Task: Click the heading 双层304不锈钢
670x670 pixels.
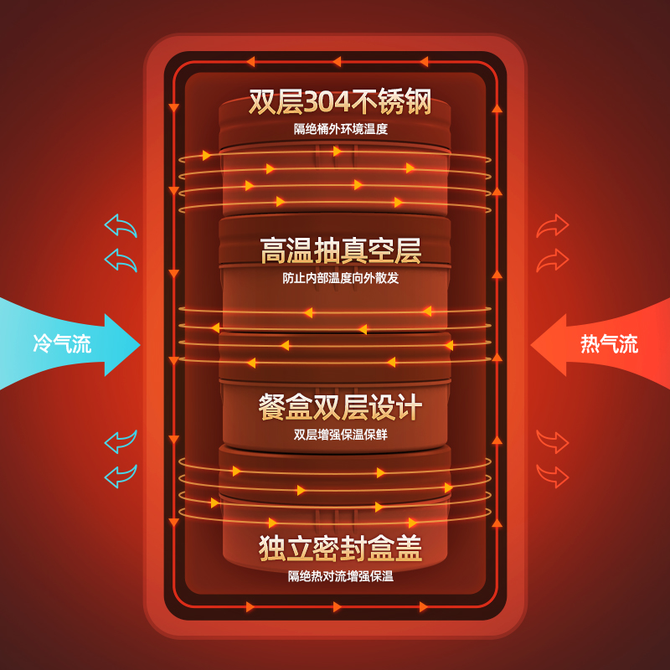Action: pyautogui.click(x=340, y=102)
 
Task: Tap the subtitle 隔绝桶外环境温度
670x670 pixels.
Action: pyautogui.click(x=340, y=129)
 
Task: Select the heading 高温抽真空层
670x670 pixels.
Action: pyautogui.click(x=340, y=250)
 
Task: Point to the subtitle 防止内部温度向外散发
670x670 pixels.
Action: pyautogui.click(x=340, y=278)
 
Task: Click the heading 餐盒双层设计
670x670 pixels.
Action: pyautogui.click(x=340, y=407)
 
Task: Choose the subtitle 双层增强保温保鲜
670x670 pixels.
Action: pyautogui.click(x=340, y=435)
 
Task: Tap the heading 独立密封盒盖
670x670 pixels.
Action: pyautogui.click(x=340, y=548)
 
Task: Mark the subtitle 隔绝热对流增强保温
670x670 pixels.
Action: pyautogui.click(x=340, y=575)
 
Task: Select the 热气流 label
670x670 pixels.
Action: pyautogui.click(x=609, y=343)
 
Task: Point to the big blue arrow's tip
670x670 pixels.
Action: pyautogui.click(x=137, y=344)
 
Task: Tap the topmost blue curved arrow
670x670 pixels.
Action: pyautogui.click(x=121, y=226)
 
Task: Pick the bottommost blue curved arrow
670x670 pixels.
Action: pyautogui.click(x=121, y=476)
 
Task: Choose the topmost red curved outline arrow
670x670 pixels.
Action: pyautogui.click(x=552, y=226)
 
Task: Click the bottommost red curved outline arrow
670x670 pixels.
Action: pyautogui.click(x=552, y=476)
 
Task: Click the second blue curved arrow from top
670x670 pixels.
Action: pyautogui.click(x=121, y=260)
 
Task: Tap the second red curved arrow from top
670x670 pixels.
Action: pyautogui.click(x=552, y=260)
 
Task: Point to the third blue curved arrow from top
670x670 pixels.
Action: pyautogui.click(x=121, y=441)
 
